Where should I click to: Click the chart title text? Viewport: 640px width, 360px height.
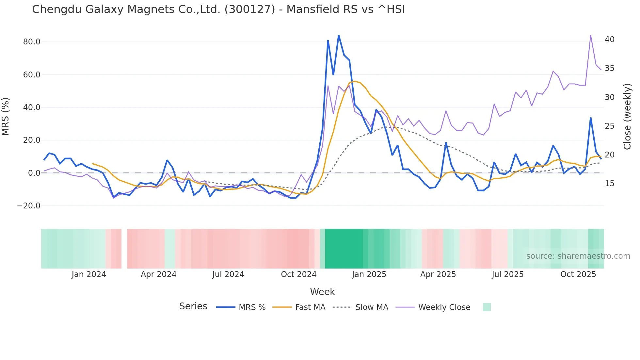(x=218, y=9)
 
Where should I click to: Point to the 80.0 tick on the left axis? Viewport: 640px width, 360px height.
(x=32, y=42)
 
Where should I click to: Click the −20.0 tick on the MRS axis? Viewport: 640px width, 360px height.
(x=29, y=206)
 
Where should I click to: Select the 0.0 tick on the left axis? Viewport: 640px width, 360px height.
(x=34, y=173)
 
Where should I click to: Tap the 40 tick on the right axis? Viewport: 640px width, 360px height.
(x=609, y=40)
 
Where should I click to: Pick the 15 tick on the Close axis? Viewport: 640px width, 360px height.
(x=609, y=184)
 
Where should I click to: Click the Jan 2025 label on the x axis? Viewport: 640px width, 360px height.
(x=369, y=274)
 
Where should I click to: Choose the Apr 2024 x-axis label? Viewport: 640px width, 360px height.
(x=158, y=274)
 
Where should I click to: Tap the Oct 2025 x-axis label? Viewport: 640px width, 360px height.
(x=578, y=274)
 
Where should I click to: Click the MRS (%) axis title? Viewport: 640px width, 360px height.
(x=6, y=117)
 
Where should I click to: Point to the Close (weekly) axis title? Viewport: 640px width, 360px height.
(x=627, y=117)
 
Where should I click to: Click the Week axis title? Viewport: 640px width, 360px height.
(x=322, y=292)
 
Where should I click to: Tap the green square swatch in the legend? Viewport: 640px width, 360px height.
(x=487, y=307)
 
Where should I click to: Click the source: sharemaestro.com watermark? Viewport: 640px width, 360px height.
(x=578, y=256)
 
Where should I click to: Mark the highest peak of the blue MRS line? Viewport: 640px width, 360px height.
(x=339, y=35)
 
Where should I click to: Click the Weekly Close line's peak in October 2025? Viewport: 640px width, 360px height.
(x=591, y=35)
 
